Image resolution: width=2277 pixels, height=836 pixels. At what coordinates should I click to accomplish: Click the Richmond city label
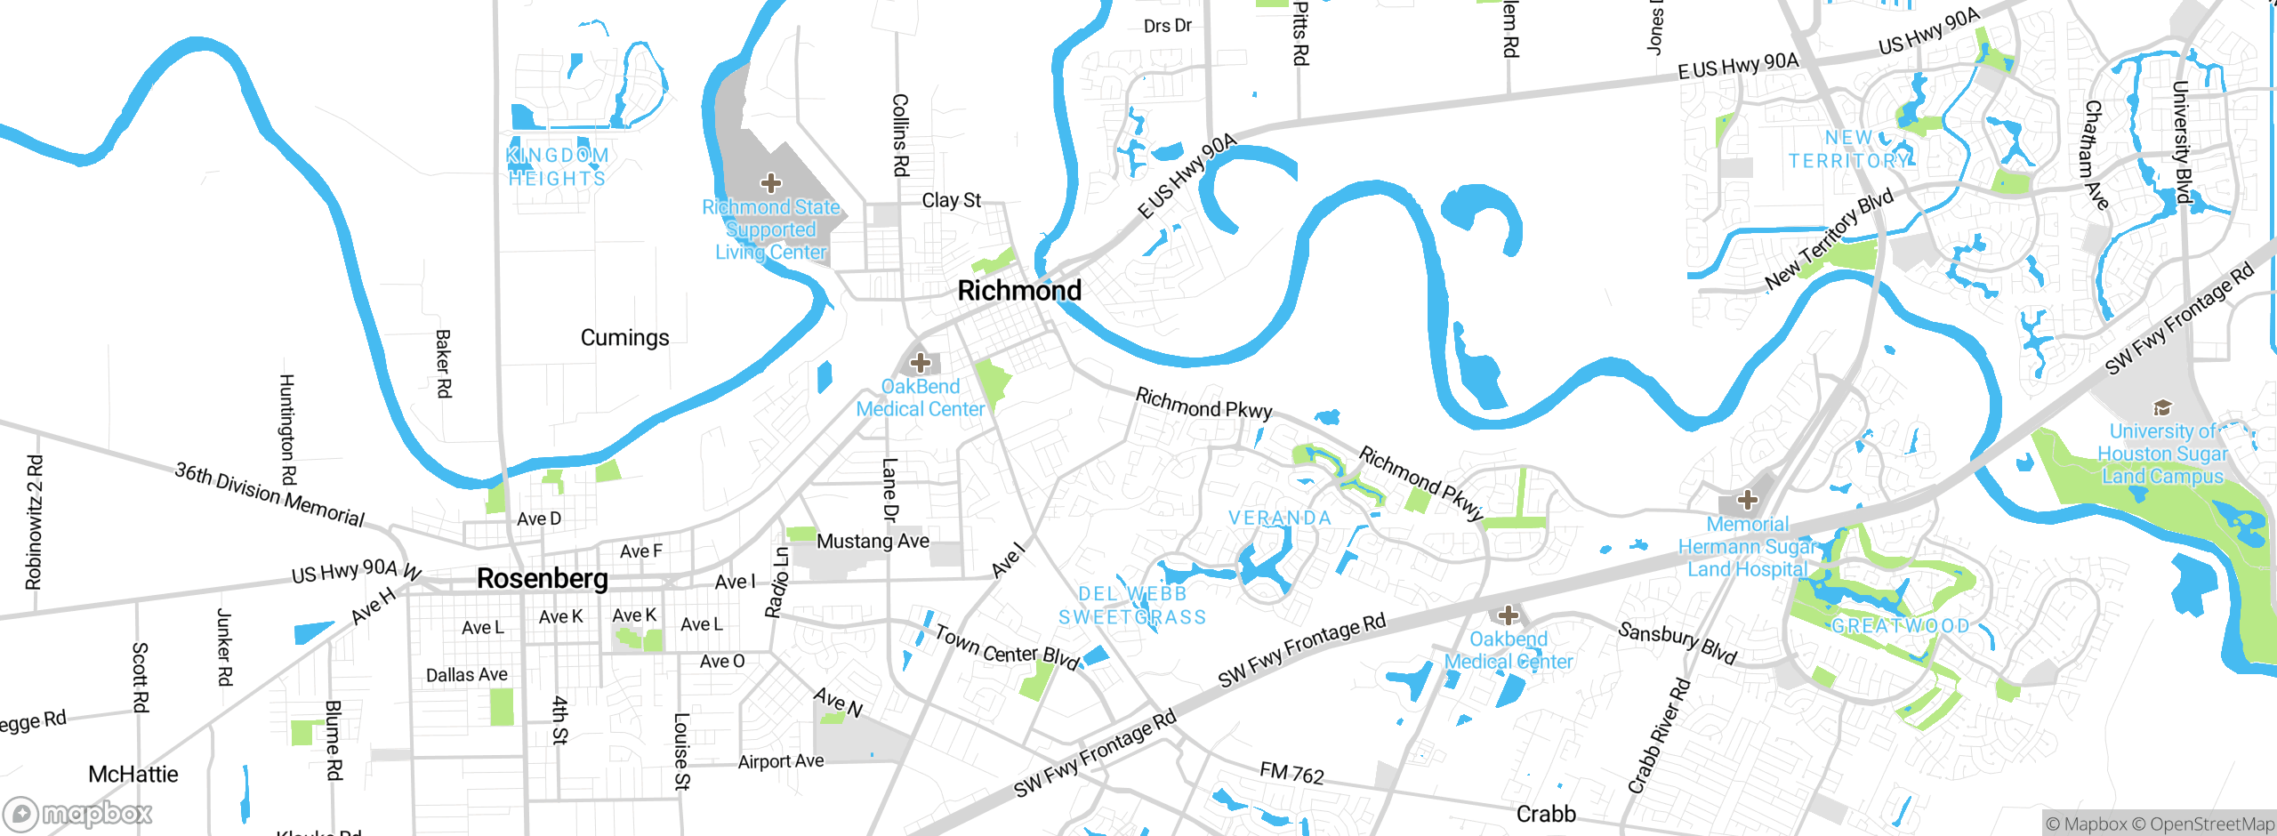1019,291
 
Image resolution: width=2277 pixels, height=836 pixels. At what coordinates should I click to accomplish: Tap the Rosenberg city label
543,578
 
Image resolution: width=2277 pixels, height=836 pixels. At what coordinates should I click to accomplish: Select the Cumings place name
624,338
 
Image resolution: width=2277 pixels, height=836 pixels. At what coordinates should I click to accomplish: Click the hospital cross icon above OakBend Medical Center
921,363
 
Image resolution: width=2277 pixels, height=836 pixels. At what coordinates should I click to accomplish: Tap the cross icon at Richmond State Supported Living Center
771,183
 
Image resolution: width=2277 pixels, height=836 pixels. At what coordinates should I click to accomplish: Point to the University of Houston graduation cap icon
2162,408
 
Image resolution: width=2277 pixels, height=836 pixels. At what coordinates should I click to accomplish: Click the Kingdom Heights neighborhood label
558,167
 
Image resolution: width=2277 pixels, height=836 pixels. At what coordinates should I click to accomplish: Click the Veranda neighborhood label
1280,518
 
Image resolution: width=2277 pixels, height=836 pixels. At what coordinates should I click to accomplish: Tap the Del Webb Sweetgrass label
1132,606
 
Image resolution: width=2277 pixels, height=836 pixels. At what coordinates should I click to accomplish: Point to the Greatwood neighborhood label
1901,626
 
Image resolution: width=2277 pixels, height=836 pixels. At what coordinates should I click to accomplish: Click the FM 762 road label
1291,774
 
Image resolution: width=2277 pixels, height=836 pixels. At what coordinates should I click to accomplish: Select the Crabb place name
1546,814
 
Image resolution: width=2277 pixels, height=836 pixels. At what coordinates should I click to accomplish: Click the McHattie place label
133,775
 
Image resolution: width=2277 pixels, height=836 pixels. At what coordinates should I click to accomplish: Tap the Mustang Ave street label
873,541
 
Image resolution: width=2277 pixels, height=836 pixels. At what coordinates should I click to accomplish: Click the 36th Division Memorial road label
270,495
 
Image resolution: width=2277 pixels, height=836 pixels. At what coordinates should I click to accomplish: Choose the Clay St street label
951,201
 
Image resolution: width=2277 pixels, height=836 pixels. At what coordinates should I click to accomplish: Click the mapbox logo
78,813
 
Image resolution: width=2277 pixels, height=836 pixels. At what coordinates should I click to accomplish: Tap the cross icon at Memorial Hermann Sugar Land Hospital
1748,500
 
